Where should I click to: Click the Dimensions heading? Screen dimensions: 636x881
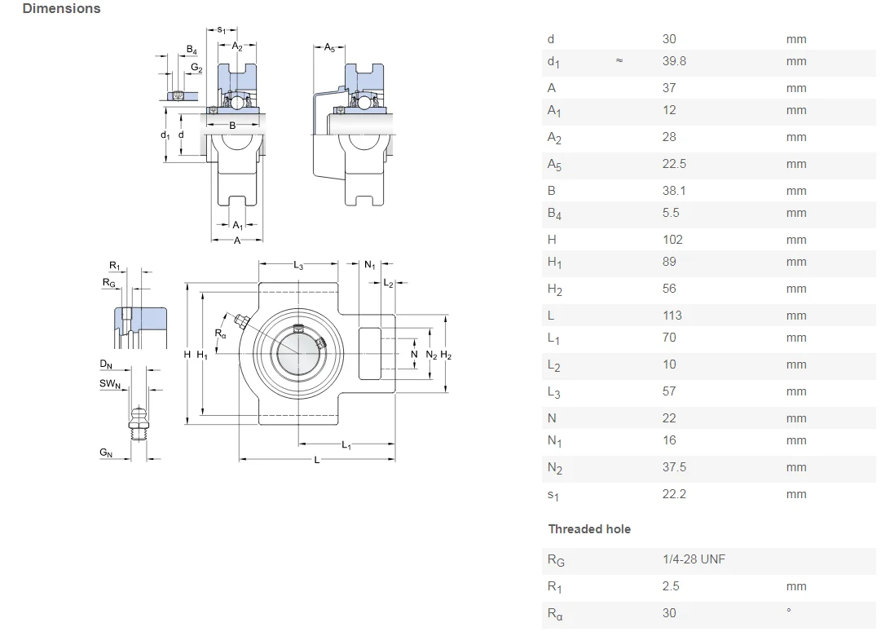(62, 9)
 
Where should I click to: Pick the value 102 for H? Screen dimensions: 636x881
(672, 240)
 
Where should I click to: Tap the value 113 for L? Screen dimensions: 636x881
(672, 316)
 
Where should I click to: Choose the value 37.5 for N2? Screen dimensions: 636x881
(674, 467)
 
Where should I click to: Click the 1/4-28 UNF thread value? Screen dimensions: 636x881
(694, 559)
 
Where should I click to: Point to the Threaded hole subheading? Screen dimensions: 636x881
(589, 529)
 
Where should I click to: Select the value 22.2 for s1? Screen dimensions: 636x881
(674, 494)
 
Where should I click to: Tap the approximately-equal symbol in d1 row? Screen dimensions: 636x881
(619, 61)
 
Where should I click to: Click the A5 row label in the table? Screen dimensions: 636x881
(554, 165)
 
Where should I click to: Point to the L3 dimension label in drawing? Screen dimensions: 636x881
(298, 266)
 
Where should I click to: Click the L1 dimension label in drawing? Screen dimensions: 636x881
(346, 445)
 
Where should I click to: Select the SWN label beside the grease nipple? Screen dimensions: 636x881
(110, 384)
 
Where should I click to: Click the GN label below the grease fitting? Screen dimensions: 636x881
(106, 453)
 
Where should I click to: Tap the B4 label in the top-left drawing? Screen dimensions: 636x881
(192, 51)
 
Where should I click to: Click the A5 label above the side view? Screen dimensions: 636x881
(329, 48)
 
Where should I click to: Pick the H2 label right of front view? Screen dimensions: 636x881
(446, 355)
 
